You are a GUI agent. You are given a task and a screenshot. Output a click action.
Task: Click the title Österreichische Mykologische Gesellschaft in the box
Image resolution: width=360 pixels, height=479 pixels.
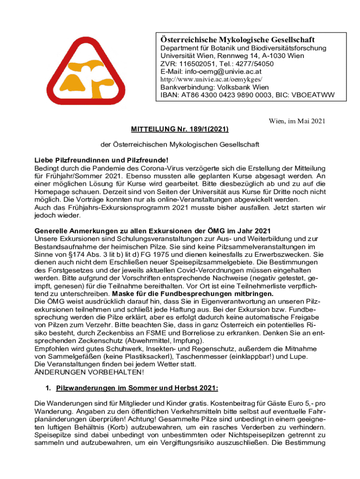point(238,39)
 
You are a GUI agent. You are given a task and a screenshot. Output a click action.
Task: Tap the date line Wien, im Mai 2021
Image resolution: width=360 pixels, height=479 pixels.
point(296,122)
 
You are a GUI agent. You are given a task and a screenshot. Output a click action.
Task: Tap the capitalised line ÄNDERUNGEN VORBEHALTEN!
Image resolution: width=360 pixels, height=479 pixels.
point(90,372)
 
